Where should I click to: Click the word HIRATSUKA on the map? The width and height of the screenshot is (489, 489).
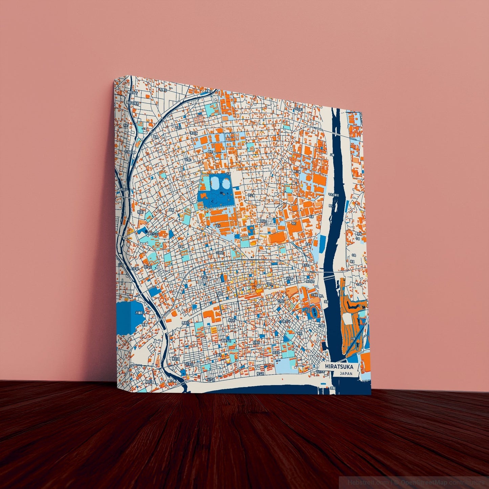click(339, 367)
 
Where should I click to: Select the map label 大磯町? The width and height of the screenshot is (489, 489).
click(139, 313)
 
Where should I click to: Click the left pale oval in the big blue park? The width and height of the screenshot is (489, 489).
click(215, 184)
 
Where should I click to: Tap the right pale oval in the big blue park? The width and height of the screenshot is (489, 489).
click(225, 184)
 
